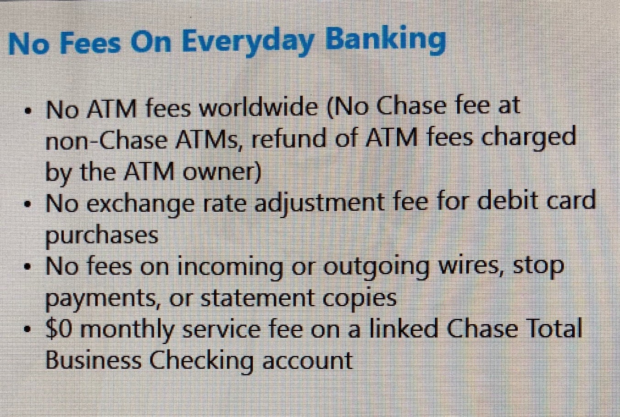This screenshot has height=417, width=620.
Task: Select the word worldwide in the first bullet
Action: point(259,108)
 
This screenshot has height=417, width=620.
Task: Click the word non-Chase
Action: point(106,140)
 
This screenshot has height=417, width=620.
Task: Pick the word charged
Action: point(528,139)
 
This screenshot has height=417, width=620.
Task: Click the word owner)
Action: point(222,172)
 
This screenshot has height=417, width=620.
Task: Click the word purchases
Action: point(102,236)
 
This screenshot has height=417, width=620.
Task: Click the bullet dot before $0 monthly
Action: point(27,329)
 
